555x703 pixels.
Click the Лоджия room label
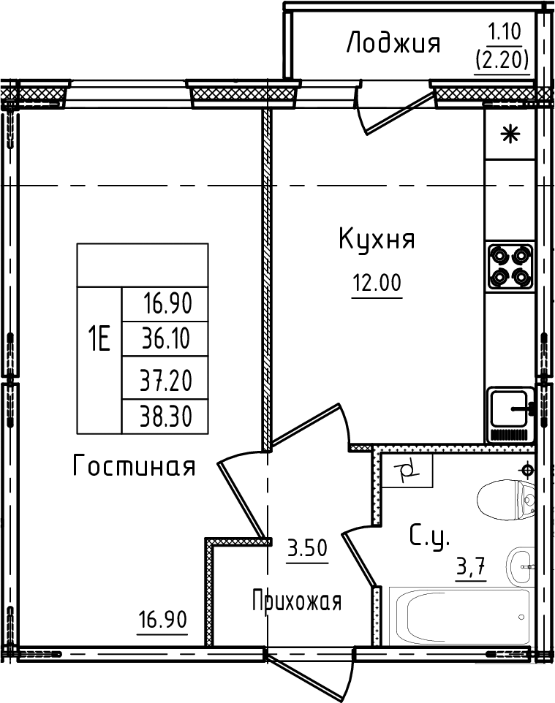(x=393, y=43)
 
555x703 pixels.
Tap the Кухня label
(x=377, y=240)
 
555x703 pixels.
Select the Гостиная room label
(x=134, y=465)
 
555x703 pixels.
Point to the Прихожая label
(x=297, y=602)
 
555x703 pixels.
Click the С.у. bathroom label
(x=430, y=538)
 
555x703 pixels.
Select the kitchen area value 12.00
(x=377, y=283)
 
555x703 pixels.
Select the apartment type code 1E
(x=99, y=340)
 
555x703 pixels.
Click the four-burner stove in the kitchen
(x=510, y=266)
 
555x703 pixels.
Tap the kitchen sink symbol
(x=510, y=412)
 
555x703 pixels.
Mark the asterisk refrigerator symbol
(x=510, y=134)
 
